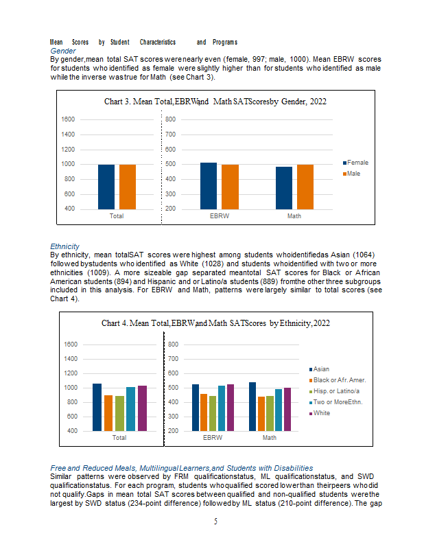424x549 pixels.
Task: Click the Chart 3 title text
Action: pyautogui.click(x=215, y=102)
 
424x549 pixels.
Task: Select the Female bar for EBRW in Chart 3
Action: pyautogui.click(x=209, y=186)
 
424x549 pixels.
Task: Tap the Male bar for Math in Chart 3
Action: pyautogui.click(x=305, y=187)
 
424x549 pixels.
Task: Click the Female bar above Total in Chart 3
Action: pyautogui.click(x=106, y=187)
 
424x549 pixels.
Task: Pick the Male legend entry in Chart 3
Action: pyautogui.click(x=351, y=174)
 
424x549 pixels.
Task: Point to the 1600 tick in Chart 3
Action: pyautogui.click(x=68, y=119)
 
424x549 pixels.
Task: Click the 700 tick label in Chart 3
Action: pyautogui.click(x=171, y=135)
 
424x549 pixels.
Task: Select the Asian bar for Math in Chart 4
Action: pyautogui.click(x=252, y=406)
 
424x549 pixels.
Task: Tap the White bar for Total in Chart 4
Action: pyautogui.click(x=142, y=408)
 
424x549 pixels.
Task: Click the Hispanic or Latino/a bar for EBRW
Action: pyautogui.click(x=213, y=414)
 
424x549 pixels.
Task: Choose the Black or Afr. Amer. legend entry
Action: pyautogui.click(x=338, y=380)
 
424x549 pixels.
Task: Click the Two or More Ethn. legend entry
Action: pyautogui.click(x=335, y=402)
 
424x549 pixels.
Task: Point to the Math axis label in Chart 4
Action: pyautogui.click(x=270, y=438)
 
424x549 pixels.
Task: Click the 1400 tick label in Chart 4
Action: pyautogui.click(x=71, y=359)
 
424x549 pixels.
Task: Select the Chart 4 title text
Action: pyautogui.click(x=215, y=323)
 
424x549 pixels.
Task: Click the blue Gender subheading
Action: pyautogui.click(x=63, y=51)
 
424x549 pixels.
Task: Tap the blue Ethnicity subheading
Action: pyautogui.click(x=64, y=246)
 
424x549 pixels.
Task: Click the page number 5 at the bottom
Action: pyautogui.click(x=215, y=522)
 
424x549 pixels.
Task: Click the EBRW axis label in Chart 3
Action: pyautogui.click(x=220, y=216)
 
